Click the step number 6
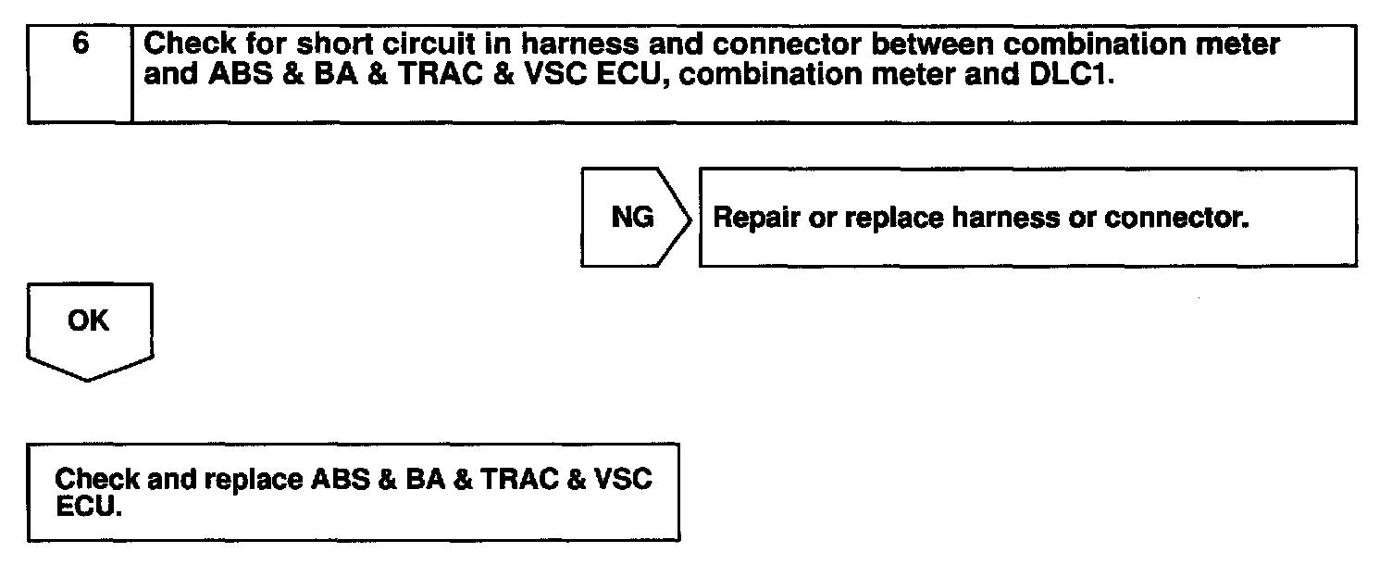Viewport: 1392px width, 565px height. [80, 44]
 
